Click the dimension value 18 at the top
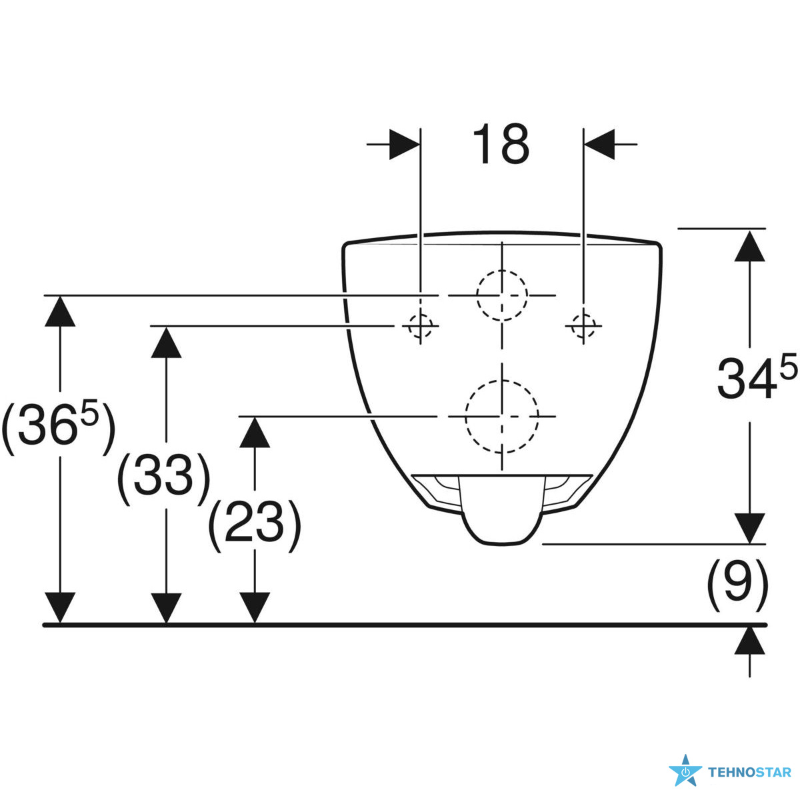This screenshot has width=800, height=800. (501, 144)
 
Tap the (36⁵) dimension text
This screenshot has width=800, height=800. (59, 427)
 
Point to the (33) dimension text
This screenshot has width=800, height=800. (164, 477)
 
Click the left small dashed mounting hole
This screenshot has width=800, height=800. (420, 326)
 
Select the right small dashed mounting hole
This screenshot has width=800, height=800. (583, 326)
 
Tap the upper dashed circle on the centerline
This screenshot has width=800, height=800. (501, 295)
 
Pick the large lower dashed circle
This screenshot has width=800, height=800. (501, 416)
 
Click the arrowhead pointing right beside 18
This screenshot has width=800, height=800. (405, 143)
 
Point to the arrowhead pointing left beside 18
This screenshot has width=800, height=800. (599, 143)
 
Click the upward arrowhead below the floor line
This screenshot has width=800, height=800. (751, 641)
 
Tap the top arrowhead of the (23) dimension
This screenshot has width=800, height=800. (255, 432)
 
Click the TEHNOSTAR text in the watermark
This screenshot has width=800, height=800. (749, 773)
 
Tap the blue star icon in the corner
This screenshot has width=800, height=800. (685, 772)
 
